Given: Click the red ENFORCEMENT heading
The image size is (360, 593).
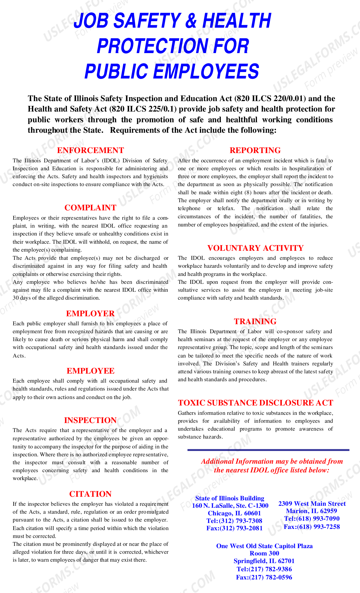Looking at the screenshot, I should (90, 150).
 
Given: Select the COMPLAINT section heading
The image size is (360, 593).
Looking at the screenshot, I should (90, 208).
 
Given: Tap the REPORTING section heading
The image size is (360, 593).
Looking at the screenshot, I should (255, 150).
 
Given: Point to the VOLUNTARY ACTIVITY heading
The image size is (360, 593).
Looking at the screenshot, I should (255, 248).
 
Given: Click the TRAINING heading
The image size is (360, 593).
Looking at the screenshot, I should (255, 321).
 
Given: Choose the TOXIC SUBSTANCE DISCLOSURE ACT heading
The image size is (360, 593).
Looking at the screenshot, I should (255, 403).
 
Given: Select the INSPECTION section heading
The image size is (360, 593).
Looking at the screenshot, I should (90, 420).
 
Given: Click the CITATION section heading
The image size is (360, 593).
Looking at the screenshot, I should (90, 494).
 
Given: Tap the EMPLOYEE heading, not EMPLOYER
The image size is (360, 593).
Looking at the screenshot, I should (90, 371).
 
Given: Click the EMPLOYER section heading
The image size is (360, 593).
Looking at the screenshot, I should (90, 313).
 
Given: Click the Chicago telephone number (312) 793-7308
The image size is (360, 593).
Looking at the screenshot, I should (234, 521).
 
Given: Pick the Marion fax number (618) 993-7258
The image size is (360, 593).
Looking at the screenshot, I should (312, 527).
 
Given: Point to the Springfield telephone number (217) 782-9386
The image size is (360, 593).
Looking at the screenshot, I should (264, 569).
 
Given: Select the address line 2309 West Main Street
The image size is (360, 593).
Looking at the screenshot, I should (312, 503).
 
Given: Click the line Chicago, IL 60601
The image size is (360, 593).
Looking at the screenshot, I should (234, 513).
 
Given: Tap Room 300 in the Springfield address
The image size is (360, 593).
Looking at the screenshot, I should (264, 553).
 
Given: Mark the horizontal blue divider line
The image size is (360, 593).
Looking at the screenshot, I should (268, 450).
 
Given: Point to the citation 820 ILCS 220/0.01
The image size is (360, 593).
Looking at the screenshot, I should (270, 99).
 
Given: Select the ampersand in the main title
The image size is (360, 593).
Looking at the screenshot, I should (191, 21).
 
